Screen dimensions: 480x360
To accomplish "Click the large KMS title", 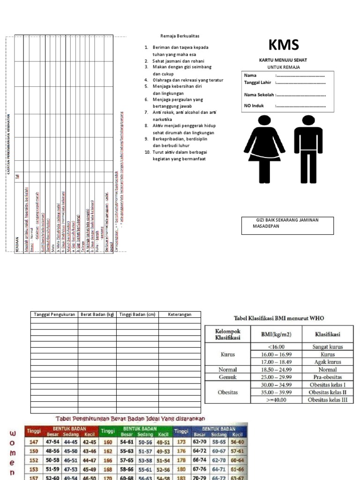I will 284,45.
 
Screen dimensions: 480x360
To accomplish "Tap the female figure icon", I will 264,148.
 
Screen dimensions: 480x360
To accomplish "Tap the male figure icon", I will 308,148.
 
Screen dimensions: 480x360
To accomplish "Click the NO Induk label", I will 254,105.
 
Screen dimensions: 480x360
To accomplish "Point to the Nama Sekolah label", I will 259,94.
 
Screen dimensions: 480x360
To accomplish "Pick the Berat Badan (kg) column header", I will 97,315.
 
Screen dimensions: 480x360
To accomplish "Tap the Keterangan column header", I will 180,315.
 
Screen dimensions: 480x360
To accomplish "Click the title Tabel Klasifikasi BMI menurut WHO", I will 279,318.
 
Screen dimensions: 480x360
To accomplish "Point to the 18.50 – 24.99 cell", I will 278,369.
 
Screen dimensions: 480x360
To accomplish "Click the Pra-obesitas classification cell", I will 328,377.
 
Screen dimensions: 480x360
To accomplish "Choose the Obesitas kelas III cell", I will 328,400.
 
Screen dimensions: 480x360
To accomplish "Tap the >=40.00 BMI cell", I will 278,400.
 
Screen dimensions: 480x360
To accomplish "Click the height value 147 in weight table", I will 33,442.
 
